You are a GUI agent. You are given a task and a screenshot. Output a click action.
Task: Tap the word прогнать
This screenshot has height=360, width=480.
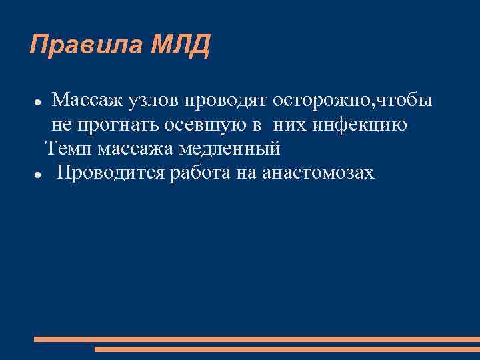(x=125, y=125)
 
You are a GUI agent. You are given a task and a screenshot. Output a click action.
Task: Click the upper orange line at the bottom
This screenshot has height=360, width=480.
(x=256, y=339)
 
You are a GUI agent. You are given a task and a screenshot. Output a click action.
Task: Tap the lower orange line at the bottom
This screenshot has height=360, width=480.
(x=287, y=349)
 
